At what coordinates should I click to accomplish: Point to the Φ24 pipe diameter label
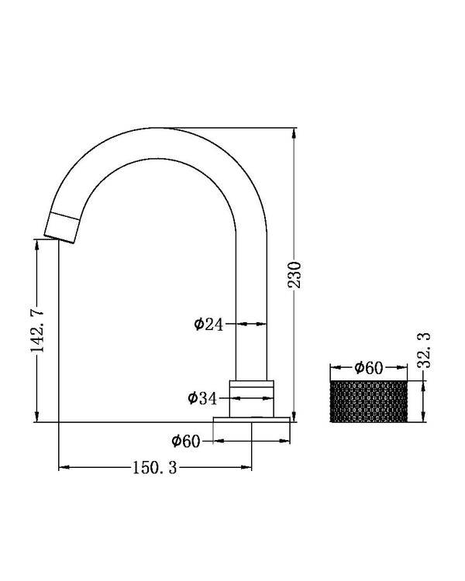[208, 325]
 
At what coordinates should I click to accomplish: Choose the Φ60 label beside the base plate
[186, 441]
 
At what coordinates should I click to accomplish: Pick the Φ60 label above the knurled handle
[368, 368]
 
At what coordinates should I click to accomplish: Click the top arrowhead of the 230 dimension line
[294, 134]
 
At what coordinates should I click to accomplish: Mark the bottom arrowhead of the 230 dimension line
[294, 416]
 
